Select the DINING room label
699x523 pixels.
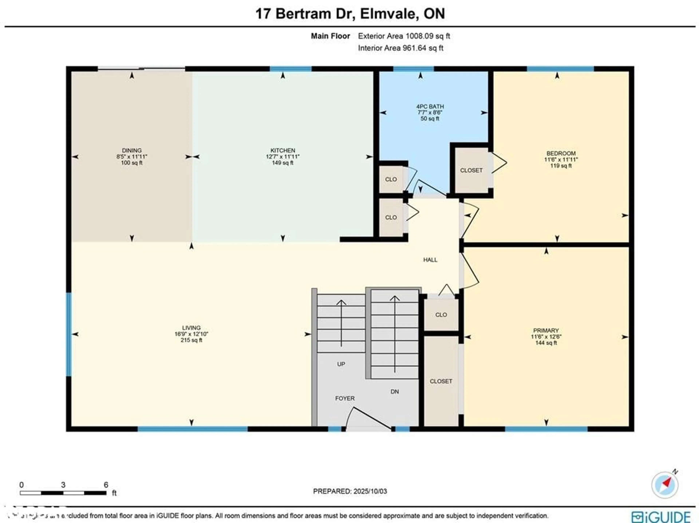tap(132, 150)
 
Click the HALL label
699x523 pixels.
tap(430, 260)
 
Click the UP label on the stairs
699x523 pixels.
tap(341, 364)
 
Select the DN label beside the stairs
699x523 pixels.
tap(395, 392)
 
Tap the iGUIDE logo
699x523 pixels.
tap(661, 516)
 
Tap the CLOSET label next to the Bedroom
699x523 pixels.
tap(471, 170)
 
